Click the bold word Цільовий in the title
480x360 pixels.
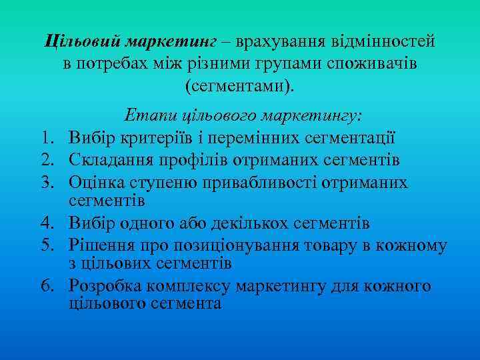pos(81,41)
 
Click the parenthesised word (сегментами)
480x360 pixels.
pos(238,87)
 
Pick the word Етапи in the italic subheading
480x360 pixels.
pos(148,115)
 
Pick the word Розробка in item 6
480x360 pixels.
pos(106,287)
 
